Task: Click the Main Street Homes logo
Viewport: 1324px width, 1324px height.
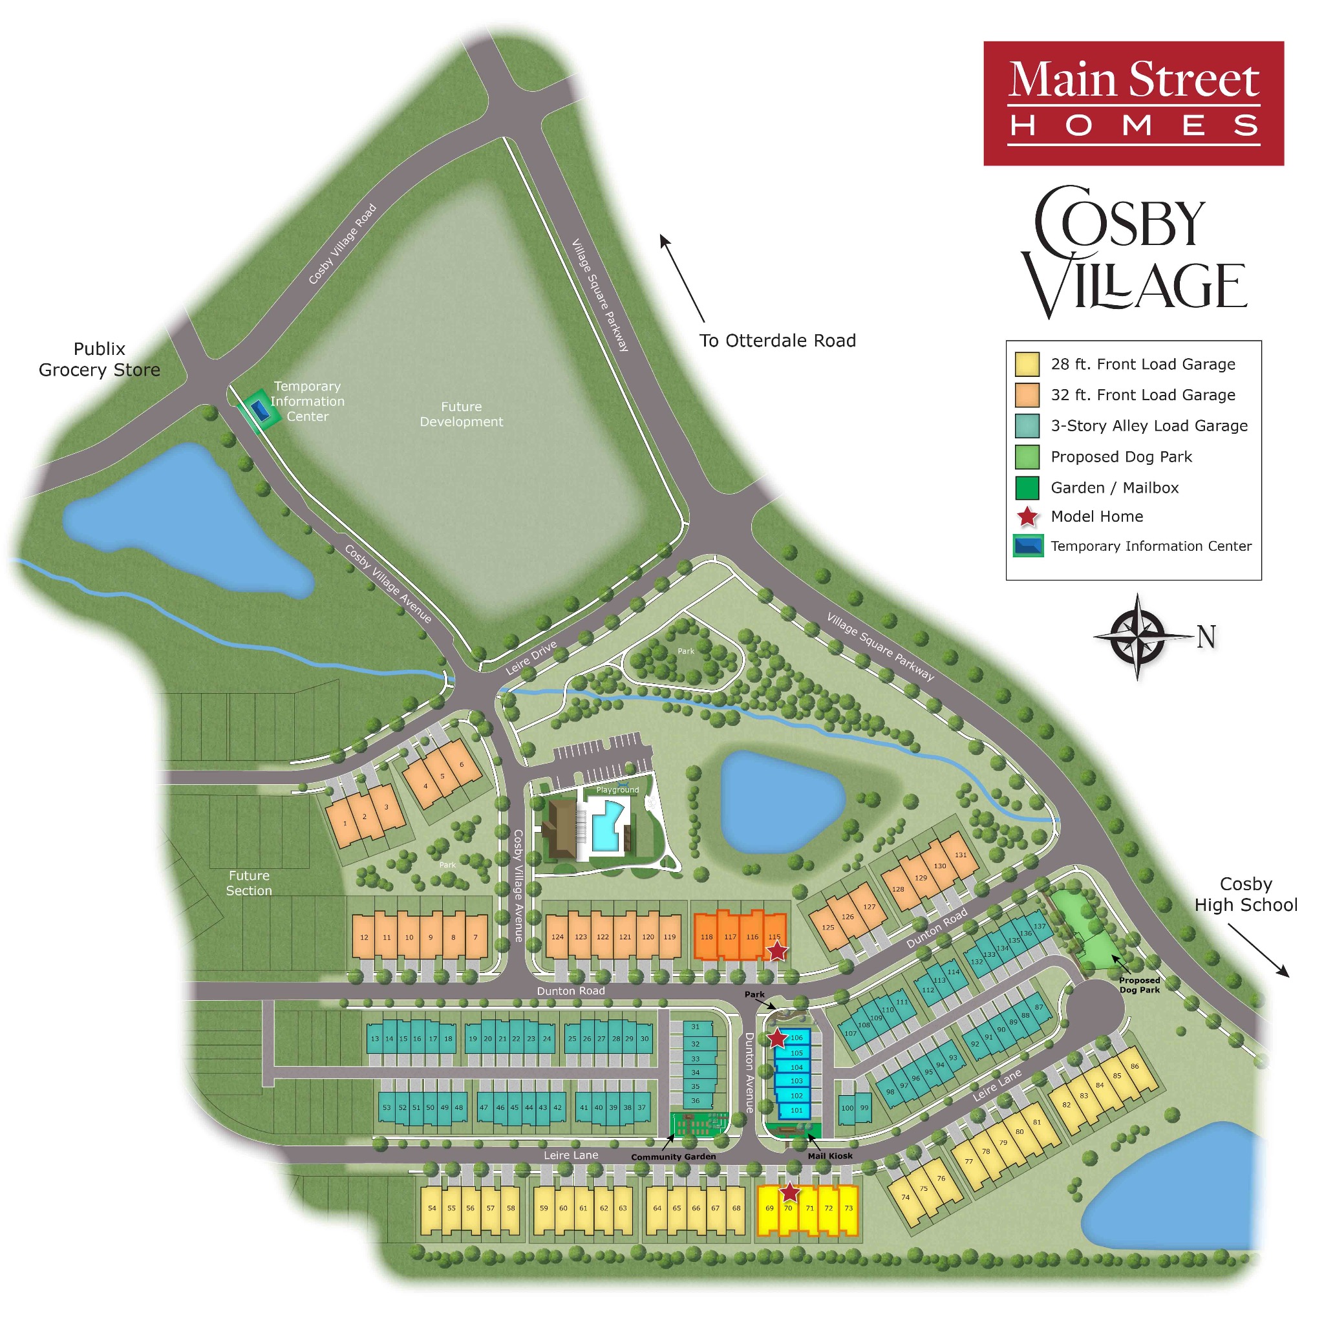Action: tap(1133, 103)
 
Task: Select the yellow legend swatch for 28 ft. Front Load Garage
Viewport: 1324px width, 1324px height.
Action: tap(1027, 365)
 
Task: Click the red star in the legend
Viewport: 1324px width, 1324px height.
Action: tap(1027, 517)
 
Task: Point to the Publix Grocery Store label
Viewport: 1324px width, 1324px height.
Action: tap(100, 359)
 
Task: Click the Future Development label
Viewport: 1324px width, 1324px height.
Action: tap(461, 414)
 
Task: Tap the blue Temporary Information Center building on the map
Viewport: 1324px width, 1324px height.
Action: tap(260, 411)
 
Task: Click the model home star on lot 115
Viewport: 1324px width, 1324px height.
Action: tap(776, 951)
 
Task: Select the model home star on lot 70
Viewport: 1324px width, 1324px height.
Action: tap(789, 1192)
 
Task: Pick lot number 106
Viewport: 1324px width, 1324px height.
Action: tap(796, 1038)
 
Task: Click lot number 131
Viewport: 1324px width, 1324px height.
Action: tap(961, 855)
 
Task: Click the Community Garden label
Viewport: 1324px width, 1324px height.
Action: tap(673, 1157)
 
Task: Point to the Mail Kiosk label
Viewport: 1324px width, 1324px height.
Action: tap(830, 1155)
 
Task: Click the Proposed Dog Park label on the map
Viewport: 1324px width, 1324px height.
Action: tap(1139, 985)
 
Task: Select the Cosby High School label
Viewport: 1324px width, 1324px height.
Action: tap(1245, 894)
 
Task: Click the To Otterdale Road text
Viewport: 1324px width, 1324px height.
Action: tap(777, 341)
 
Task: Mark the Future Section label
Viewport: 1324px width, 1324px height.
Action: tap(249, 882)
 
